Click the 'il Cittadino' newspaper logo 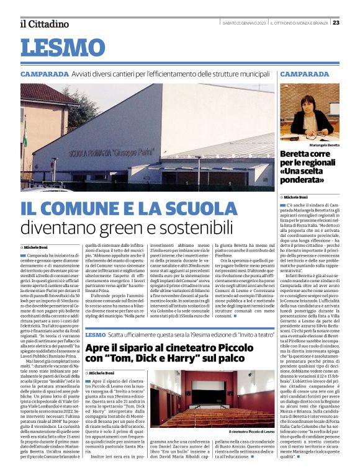(44, 24)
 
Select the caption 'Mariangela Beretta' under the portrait (309, 144)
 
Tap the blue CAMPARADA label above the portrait (305, 74)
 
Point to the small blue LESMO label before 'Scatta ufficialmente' (96, 335)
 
